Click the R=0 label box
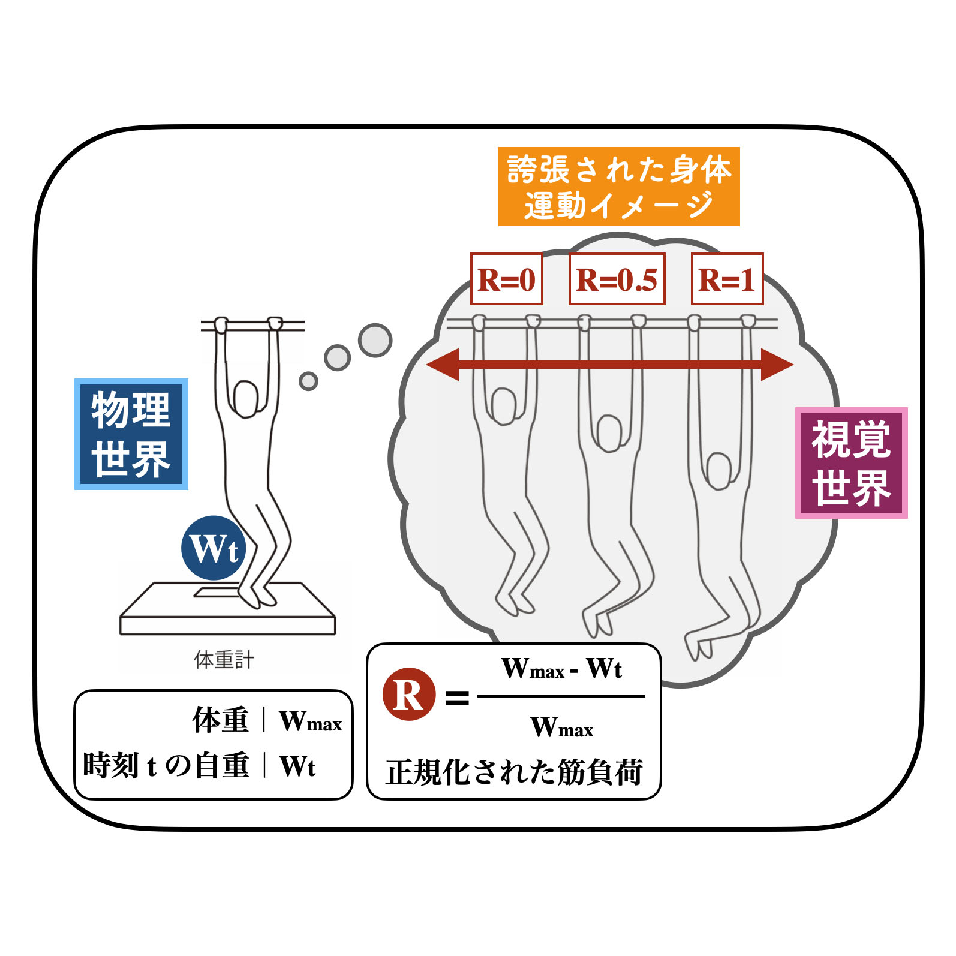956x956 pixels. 506,279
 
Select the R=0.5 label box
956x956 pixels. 617,279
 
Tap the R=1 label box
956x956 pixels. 727,279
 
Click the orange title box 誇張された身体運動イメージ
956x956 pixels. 618,187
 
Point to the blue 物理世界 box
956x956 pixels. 131,434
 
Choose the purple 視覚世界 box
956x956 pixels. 851,463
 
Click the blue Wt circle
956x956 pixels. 214,548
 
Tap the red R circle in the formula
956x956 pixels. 409,695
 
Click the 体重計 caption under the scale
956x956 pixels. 224,660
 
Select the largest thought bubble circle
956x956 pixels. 375,340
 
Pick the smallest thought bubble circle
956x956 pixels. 308,381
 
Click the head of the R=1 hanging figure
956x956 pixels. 718,470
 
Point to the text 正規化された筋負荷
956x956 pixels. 514,772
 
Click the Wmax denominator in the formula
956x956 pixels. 561,727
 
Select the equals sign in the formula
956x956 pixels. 457,697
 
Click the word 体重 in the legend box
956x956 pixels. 220,720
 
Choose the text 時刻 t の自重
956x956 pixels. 166,765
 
